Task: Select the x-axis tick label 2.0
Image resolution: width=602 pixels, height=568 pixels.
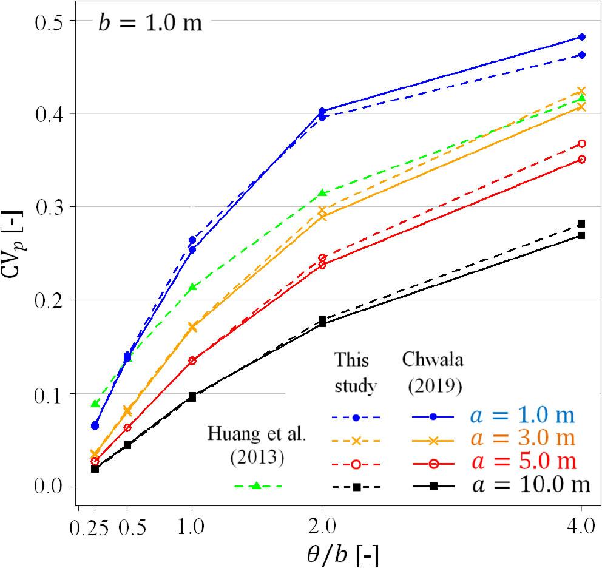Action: (x=322, y=526)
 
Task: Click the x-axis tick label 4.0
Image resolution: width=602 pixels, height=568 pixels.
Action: (x=581, y=526)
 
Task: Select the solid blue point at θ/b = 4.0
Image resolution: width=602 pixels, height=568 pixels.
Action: (x=581, y=37)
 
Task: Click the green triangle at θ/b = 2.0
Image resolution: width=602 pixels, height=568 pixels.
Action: (x=322, y=193)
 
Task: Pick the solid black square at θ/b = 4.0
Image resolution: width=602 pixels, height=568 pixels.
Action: (x=581, y=235)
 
